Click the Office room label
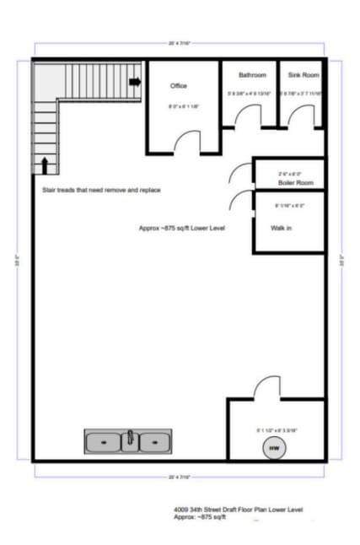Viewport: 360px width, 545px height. pyautogui.click(x=178, y=86)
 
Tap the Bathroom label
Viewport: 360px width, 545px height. pyautogui.click(x=251, y=75)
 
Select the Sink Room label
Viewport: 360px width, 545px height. pyautogui.click(x=301, y=75)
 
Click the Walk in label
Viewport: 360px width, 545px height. pyautogui.click(x=281, y=228)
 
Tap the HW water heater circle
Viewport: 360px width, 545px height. pyautogui.click(x=273, y=448)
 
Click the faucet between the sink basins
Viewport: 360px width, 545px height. pyautogui.click(x=130, y=440)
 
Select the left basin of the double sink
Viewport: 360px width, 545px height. pyautogui.click(x=105, y=441)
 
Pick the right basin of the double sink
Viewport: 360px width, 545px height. pyautogui.click(x=154, y=441)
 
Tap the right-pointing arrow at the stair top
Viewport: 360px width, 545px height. pyautogui.click(x=134, y=81)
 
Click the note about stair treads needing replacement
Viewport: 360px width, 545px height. pyautogui.click(x=101, y=190)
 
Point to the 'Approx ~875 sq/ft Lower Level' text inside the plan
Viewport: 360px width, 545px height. pyautogui.click(x=187, y=229)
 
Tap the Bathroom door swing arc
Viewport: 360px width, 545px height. pyautogui.click(x=244, y=119)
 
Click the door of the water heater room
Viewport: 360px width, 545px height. pyautogui.click(x=267, y=389)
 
